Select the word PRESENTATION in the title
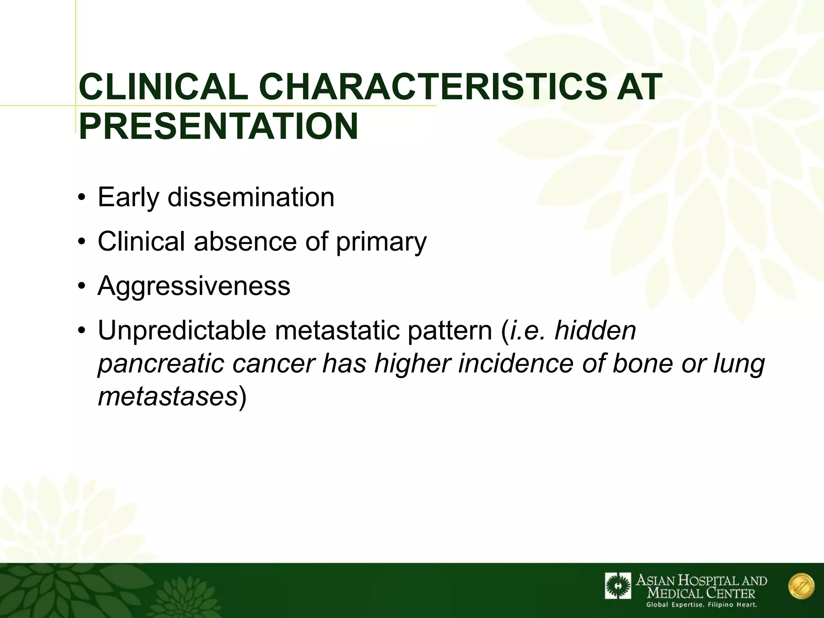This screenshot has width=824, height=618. click(x=218, y=126)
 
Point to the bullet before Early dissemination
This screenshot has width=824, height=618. click(x=82, y=198)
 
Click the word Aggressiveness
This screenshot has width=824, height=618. click(x=194, y=286)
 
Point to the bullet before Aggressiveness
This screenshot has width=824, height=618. click(x=82, y=286)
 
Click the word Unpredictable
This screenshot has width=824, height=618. click(x=182, y=331)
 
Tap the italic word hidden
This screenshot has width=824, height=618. click(x=595, y=331)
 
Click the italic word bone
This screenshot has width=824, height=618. click(x=642, y=363)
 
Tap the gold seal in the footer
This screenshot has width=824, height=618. click(x=801, y=586)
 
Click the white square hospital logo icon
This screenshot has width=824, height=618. click(x=618, y=586)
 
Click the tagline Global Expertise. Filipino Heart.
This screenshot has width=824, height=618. click(x=701, y=605)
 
